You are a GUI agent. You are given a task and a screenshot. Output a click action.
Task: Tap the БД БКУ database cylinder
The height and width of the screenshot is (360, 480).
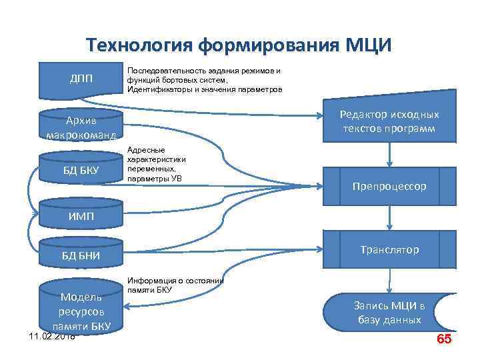coord(81,171)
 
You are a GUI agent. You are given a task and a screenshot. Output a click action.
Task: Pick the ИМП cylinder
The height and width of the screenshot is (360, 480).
coord(81,216)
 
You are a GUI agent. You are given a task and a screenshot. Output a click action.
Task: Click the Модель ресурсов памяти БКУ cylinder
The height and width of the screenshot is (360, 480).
coord(81,311)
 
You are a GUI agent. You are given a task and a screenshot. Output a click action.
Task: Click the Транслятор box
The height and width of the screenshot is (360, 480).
coord(389,250)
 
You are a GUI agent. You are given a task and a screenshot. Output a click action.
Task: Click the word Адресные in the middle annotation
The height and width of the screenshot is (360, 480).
coord(141,150)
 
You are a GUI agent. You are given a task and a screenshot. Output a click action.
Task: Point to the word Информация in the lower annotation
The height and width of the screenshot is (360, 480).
coord(147,281)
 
